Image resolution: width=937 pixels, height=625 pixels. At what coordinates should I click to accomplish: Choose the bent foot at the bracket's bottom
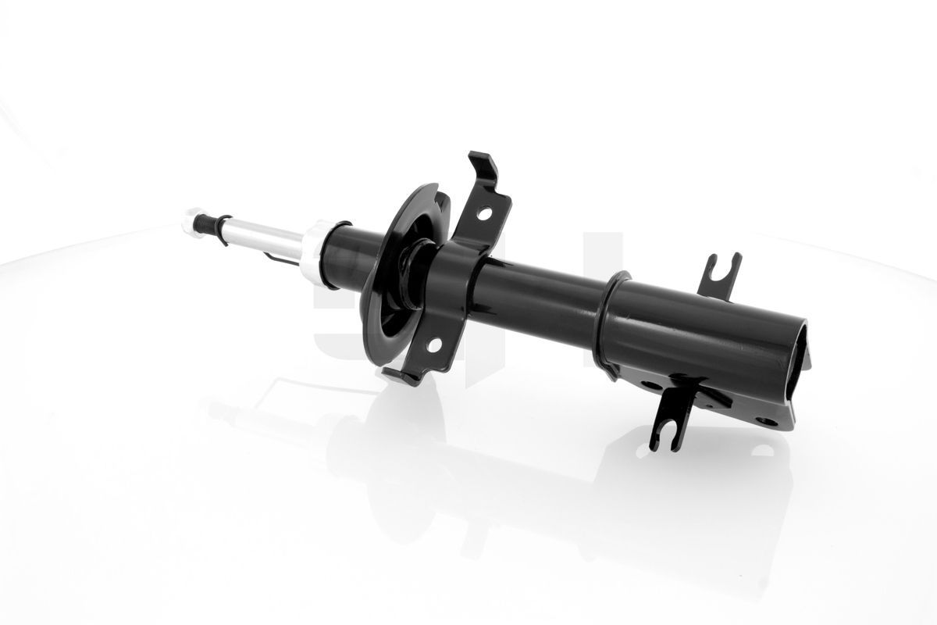402,377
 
